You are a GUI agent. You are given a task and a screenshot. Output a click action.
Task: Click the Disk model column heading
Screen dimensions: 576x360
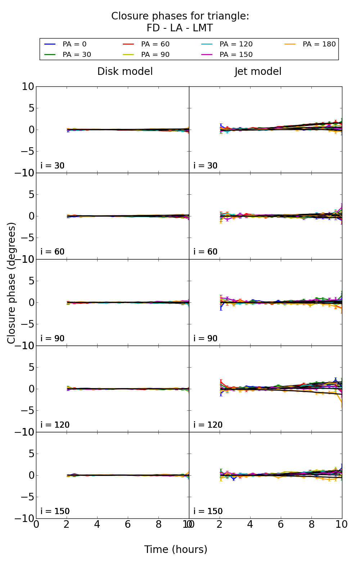coord(125,72)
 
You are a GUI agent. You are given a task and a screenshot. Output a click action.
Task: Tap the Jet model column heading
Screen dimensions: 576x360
coord(258,72)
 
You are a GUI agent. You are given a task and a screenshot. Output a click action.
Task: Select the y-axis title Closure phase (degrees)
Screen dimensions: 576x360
coord(12,283)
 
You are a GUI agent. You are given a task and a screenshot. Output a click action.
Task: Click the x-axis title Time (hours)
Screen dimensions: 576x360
coord(176,549)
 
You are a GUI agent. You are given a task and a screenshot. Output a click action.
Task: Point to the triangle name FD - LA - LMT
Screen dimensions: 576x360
coord(180,28)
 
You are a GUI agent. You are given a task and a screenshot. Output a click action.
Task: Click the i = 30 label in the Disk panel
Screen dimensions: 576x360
coord(53,166)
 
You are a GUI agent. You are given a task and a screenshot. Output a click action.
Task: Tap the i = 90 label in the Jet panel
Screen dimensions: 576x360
coord(206,338)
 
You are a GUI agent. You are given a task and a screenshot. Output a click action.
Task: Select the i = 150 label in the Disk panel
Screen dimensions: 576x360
coord(55,511)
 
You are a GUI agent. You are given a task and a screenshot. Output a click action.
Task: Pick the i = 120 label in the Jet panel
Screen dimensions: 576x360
coord(208,425)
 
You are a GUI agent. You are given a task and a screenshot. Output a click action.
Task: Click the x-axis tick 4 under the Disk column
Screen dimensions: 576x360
coord(97,524)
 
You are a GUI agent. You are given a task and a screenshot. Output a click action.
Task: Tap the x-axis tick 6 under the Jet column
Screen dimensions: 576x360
coord(281,524)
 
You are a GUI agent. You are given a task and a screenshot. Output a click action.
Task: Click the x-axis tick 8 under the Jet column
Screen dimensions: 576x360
coord(311,524)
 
